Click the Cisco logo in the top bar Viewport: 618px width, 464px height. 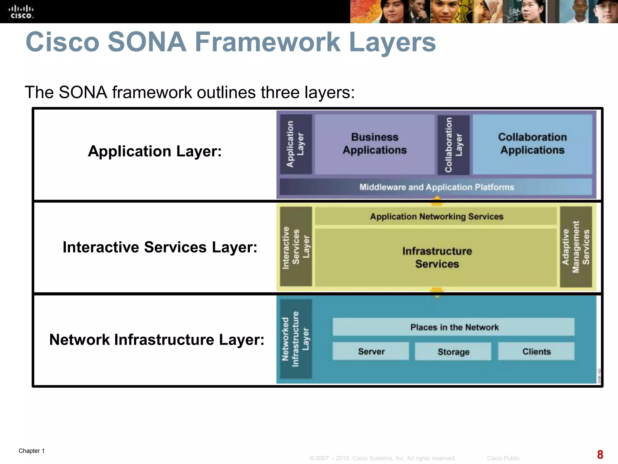(x=21, y=12)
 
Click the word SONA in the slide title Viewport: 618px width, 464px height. (x=147, y=42)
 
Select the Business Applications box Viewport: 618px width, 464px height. (x=374, y=144)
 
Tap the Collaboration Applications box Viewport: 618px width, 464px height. (x=532, y=144)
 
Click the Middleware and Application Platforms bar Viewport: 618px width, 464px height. (x=436, y=187)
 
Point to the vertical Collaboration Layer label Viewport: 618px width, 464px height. (x=454, y=145)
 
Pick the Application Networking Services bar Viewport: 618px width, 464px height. (x=436, y=216)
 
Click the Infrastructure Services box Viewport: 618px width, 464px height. (x=436, y=257)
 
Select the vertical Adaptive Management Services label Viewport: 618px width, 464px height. (x=576, y=247)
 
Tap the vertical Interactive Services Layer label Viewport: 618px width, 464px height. (x=296, y=247)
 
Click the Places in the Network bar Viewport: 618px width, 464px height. (x=454, y=327)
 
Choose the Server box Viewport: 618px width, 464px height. (x=371, y=351)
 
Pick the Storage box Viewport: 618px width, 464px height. (x=453, y=351)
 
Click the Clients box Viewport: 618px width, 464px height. (x=536, y=351)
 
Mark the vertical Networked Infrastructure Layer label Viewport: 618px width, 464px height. (x=296, y=339)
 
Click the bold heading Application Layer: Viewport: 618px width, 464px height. (x=154, y=151)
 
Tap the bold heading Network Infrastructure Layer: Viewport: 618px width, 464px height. (x=157, y=340)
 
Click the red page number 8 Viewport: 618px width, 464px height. (x=600, y=454)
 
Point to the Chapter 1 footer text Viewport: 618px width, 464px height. (x=32, y=451)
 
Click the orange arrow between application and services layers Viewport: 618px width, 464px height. (x=437, y=201)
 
